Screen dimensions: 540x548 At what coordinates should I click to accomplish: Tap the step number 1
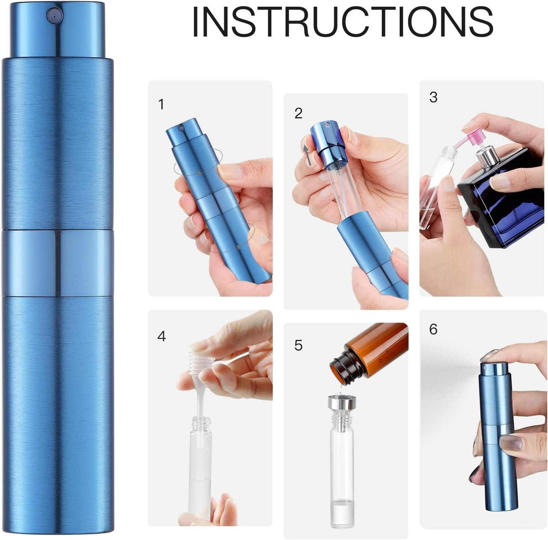click(x=161, y=105)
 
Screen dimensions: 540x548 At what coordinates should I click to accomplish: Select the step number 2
click(x=298, y=114)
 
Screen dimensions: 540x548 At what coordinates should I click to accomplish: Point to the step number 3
click(x=433, y=98)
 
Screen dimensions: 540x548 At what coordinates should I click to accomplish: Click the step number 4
click(x=161, y=336)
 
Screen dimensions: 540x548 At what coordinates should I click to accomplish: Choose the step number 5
click(x=298, y=345)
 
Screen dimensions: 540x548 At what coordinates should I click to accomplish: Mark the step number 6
click(x=433, y=329)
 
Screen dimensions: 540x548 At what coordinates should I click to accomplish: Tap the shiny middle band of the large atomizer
click(x=58, y=263)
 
